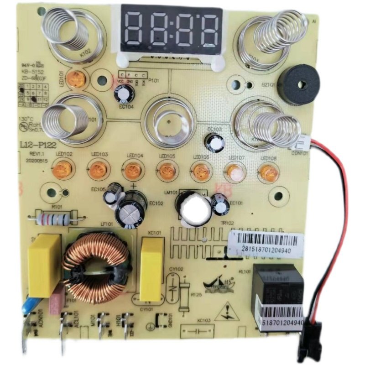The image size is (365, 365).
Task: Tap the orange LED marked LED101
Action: point(74,80)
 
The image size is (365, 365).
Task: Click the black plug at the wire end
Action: point(308,340)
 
